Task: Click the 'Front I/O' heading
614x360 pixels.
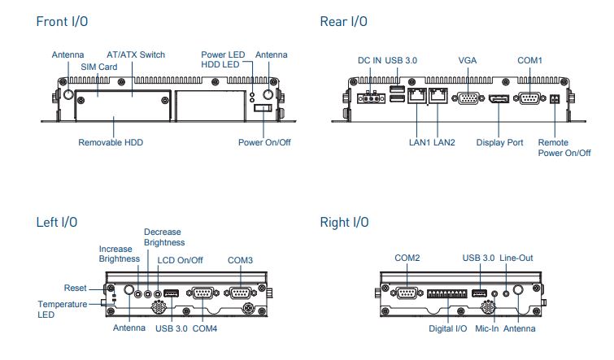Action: coord(62,21)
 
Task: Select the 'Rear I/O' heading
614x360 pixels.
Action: coord(343,21)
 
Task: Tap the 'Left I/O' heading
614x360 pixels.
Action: coord(57,222)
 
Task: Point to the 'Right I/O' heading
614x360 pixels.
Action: coord(345,222)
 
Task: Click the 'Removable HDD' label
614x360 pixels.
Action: coord(111,142)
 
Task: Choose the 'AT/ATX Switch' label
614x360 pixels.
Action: coord(136,54)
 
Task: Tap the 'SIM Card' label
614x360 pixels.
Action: coord(98,66)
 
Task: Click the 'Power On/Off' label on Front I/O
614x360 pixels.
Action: coord(264,142)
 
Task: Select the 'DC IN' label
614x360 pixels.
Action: coord(370,60)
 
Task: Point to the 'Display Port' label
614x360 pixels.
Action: coord(499,142)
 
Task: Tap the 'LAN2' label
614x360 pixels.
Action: coord(445,142)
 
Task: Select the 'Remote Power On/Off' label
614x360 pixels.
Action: coord(564,147)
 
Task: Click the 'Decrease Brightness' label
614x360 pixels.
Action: coord(163,236)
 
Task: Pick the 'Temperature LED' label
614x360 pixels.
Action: coord(63,309)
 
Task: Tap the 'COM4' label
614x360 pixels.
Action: coord(205,328)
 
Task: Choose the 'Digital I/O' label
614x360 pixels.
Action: coord(448,328)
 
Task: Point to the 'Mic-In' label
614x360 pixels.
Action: coord(488,328)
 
